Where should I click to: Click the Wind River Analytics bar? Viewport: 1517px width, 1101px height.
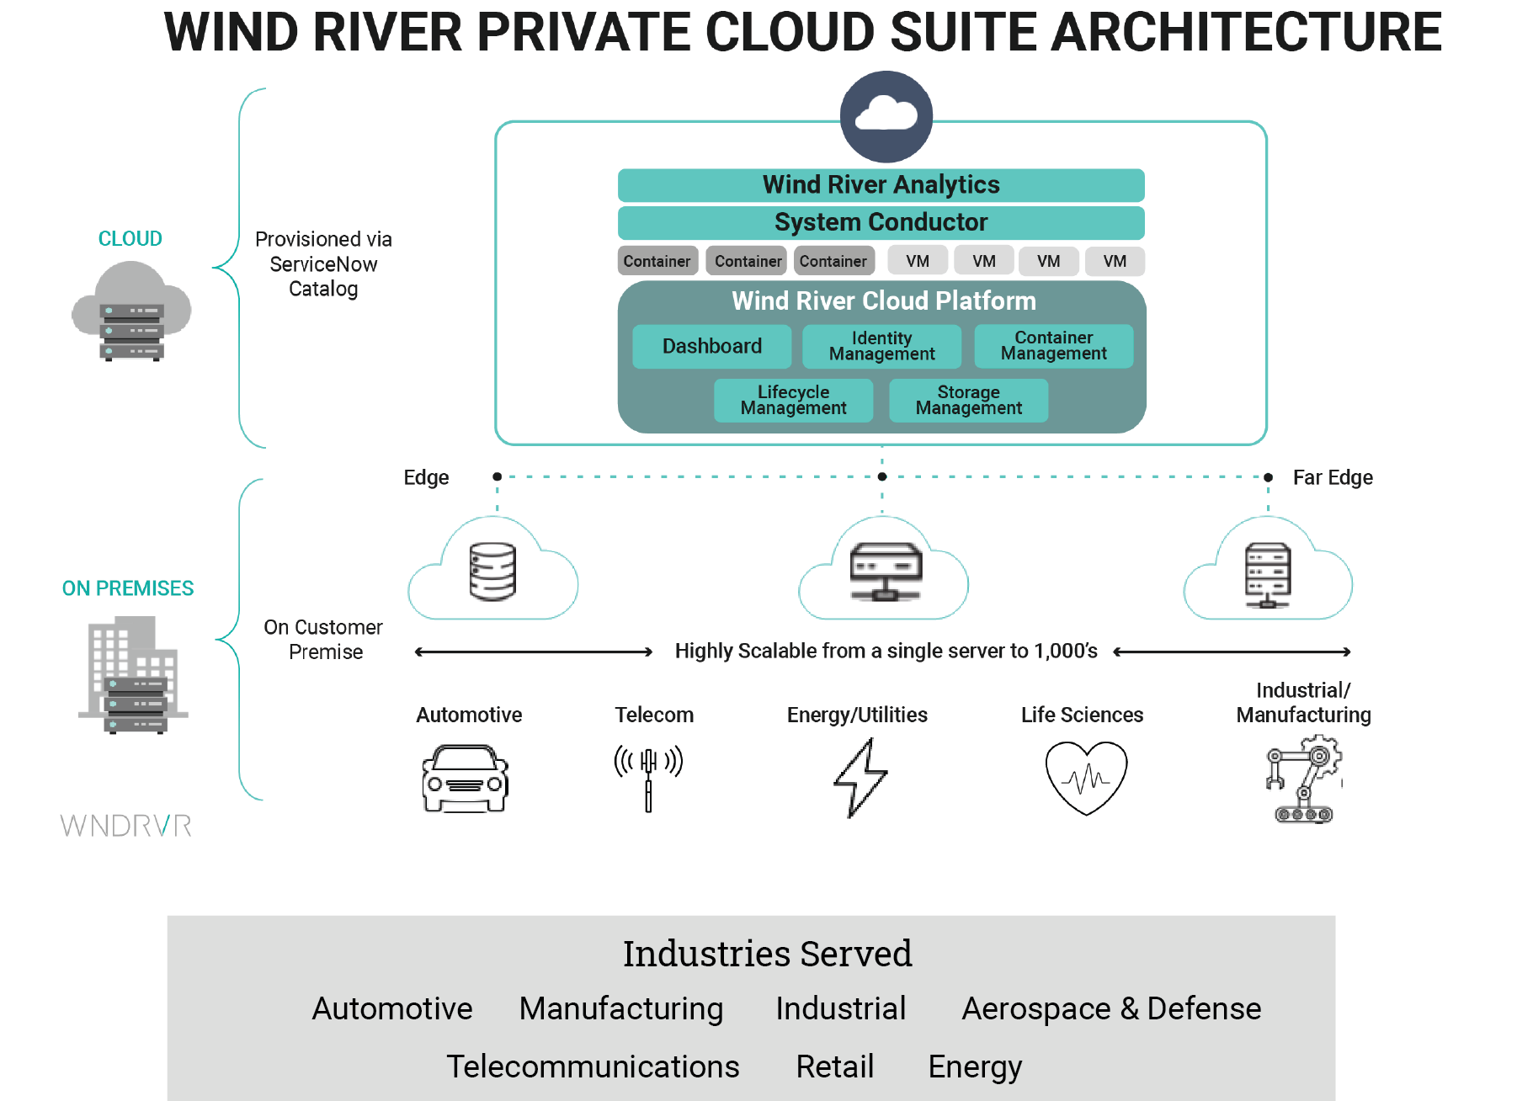pyautogui.click(x=881, y=185)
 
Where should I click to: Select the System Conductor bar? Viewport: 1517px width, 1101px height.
pyautogui.click(x=881, y=222)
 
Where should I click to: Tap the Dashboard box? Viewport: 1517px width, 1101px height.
pyautogui.click(x=711, y=346)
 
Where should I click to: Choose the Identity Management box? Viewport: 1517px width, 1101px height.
pyautogui.click(x=881, y=346)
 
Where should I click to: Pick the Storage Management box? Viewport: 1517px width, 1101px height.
pyautogui.click(x=968, y=400)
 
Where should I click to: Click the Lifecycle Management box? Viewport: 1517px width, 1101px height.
pyautogui.click(x=793, y=400)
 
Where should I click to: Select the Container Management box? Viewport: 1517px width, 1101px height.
pyautogui.click(x=1053, y=346)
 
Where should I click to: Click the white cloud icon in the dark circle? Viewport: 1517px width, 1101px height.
pyautogui.click(x=886, y=115)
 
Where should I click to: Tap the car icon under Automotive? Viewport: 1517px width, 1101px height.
pyautogui.click(x=465, y=778)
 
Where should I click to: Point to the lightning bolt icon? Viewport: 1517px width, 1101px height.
pyautogui.click(x=860, y=777)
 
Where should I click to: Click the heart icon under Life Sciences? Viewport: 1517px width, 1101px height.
pyautogui.click(x=1085, y=777)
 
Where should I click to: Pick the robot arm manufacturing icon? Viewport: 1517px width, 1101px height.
pyautogui.click(x=1303, y=779)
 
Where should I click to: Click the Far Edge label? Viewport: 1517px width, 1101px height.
pyautogui.click(x=1332, y=477)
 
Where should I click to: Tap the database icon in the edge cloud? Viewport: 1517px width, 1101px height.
pyautogui.click(x=492, y=572)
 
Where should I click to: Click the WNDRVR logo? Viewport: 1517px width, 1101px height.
pyautogui.click(x=126, y=826)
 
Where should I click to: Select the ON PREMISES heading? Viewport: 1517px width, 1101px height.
pyautogui.click(x=128, y=588)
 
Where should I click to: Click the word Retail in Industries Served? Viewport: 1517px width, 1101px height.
pyautogui.click(x=834, y=1066)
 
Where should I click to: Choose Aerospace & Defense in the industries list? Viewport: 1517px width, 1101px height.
pyautogui.click(x=1110, y=1008)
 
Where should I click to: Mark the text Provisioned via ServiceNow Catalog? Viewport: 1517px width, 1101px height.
pyautogui.click(x=323, y=263)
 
